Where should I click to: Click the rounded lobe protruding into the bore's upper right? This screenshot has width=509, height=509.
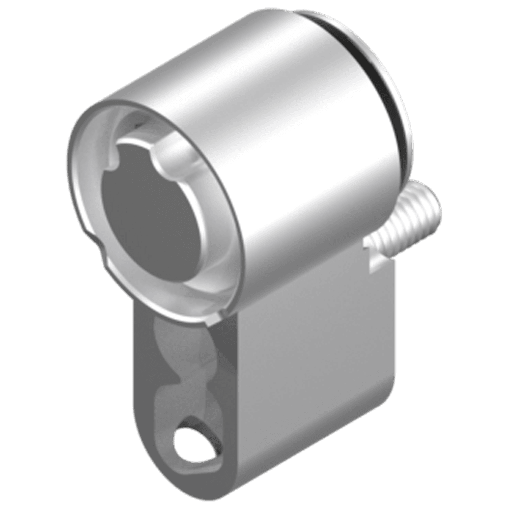pyautogui.click(x=176, y=158)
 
